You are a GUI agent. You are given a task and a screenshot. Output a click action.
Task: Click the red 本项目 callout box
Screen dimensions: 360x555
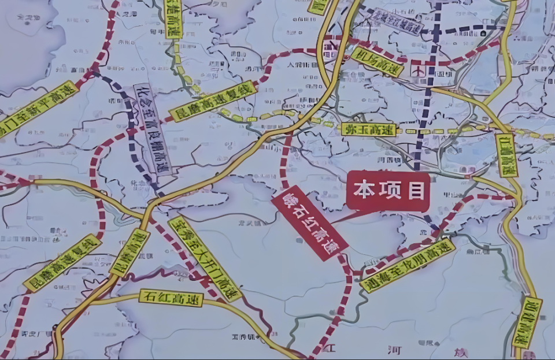click(388, 191)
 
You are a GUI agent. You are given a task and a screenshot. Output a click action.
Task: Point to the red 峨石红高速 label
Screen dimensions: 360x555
click(309, 225)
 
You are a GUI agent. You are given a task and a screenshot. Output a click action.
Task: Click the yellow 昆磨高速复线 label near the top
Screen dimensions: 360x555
click(212, 101)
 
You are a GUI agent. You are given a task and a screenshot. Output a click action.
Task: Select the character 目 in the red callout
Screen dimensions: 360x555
click(416, 191)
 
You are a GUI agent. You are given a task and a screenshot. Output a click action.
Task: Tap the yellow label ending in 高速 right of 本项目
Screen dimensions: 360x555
click(508, 155)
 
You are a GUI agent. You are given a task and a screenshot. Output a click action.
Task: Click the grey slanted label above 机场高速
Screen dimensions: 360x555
click(398, 22)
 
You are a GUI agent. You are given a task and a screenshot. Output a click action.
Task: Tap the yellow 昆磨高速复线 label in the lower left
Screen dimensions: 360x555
click(62, 263)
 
